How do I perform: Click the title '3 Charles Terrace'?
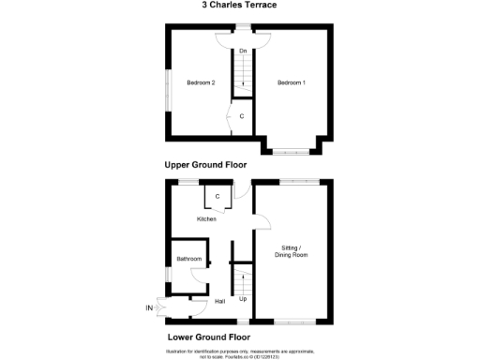point(239,5)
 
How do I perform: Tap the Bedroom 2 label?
point(201,83)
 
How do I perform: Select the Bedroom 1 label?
point(291,83)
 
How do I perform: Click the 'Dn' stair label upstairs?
point(243,51)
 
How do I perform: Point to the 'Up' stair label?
point(243,299)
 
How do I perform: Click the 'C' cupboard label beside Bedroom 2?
point(243,116)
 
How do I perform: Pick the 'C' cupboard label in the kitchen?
point(217,197)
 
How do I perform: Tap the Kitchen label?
point(206,219)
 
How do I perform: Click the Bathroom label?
point(188,259)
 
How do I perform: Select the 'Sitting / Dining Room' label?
point(291,251)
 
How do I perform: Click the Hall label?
point(219,301)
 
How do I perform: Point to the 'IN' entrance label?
point(148,307)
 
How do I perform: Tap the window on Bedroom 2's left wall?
point(168,83)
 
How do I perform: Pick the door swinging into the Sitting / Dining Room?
point(263,222)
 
